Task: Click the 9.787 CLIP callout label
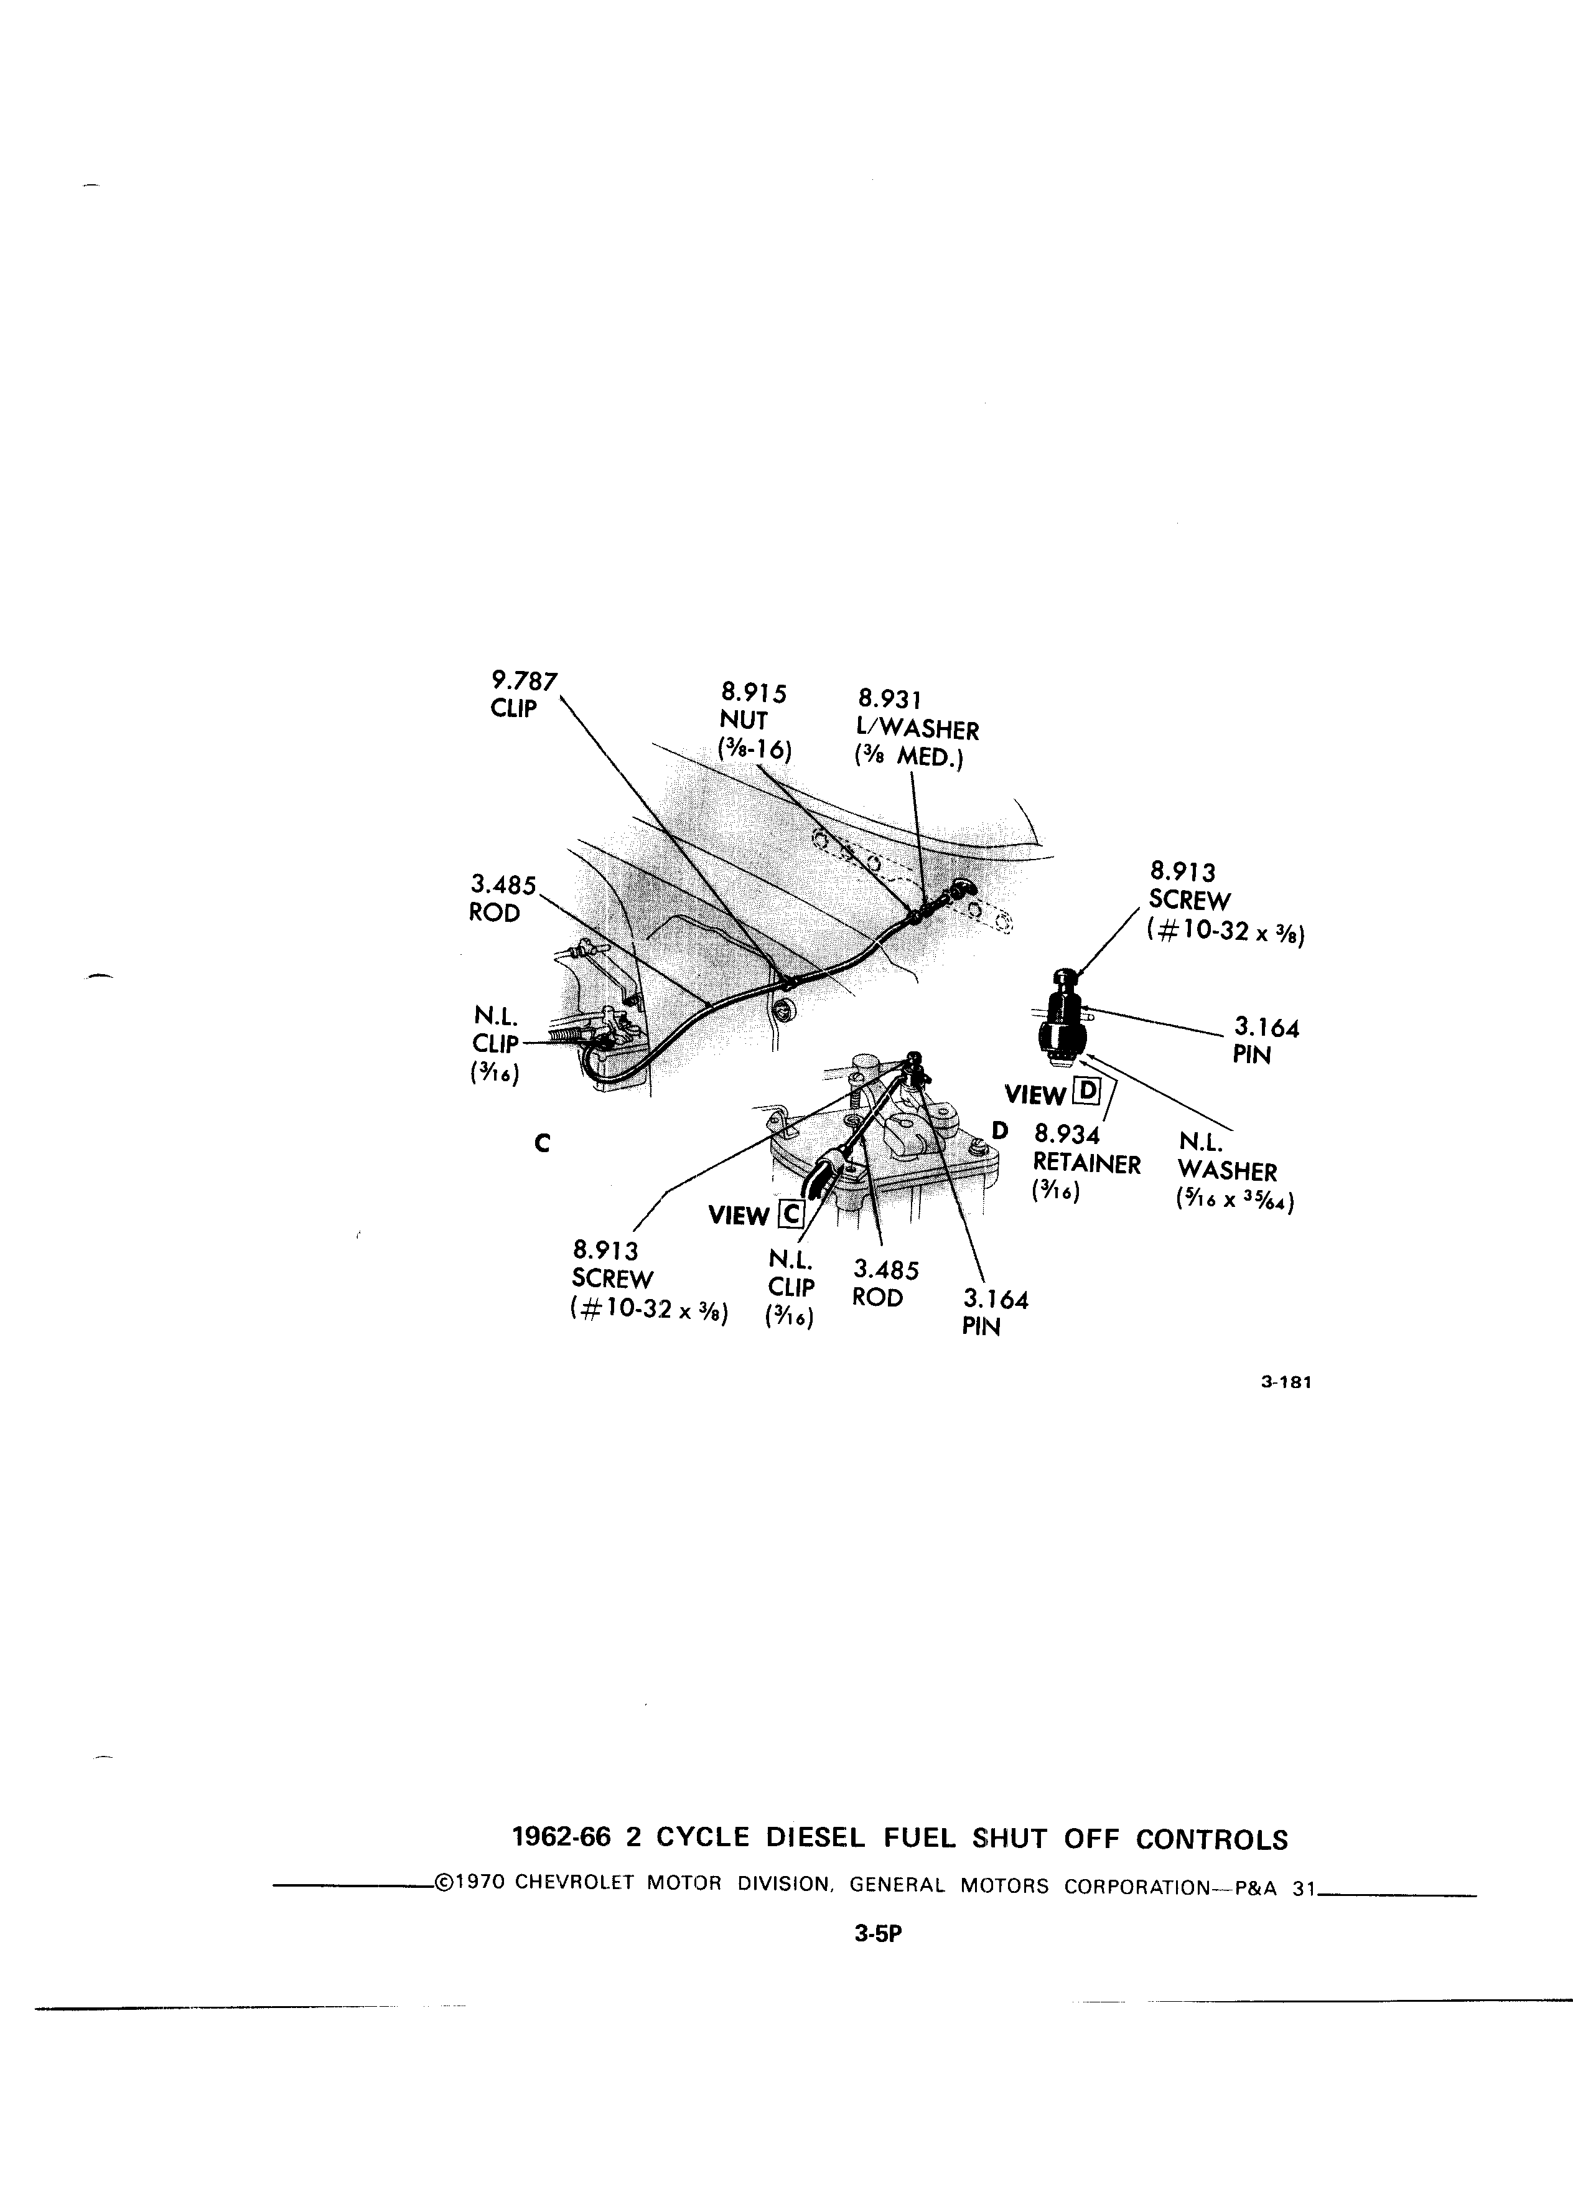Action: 523,693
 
